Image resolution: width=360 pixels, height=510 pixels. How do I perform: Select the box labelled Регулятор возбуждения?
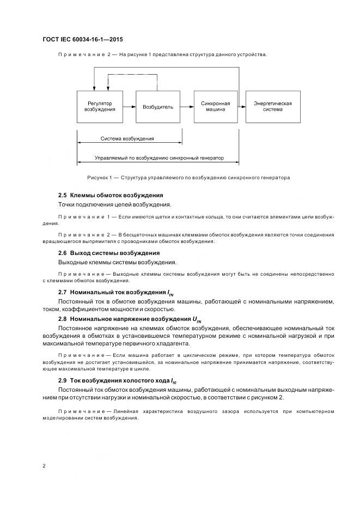pos(100,106)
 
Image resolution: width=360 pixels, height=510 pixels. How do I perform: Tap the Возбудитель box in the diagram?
pos(158,107)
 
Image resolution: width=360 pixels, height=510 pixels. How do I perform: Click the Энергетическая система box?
pos(272,106)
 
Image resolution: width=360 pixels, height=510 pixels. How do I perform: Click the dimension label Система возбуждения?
pos(127,138)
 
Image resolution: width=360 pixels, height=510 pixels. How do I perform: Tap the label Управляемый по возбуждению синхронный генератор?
pos(158,159)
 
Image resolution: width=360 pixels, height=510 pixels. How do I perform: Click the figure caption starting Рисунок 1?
pos(188,178)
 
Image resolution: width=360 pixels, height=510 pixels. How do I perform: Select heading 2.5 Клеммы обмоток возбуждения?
pos(111,195)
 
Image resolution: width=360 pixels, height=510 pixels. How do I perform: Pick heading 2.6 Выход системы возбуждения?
pos(109,253)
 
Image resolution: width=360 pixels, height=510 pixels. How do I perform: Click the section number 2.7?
pos(63,292)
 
